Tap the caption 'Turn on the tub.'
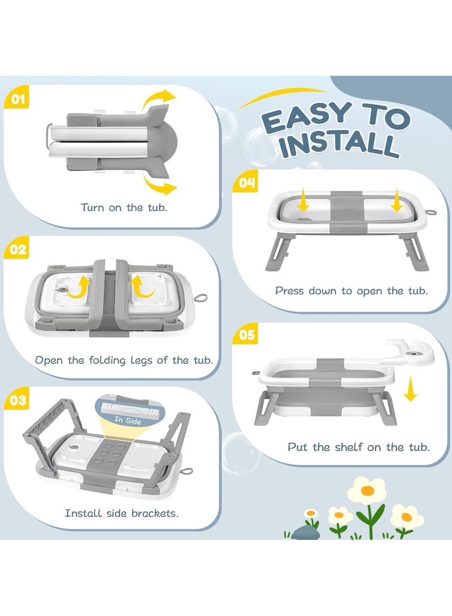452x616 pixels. pyautogui.click(x=124, y=207)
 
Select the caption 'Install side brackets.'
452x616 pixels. pyautogui.click(x=121, y=513)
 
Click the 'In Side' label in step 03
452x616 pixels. pyautogui.click(x=128, y=421)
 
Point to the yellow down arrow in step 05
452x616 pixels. pyautogui.click(x=410, y=388)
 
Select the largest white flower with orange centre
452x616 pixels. pyautogui.click(x=367, y=490)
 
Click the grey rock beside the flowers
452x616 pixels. pyautogui.click(x=306, y=533)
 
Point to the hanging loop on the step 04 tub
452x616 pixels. pyautogui.click(x=431, y=212)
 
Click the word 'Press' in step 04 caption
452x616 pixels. pyautogui.click(x=290, y=291)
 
